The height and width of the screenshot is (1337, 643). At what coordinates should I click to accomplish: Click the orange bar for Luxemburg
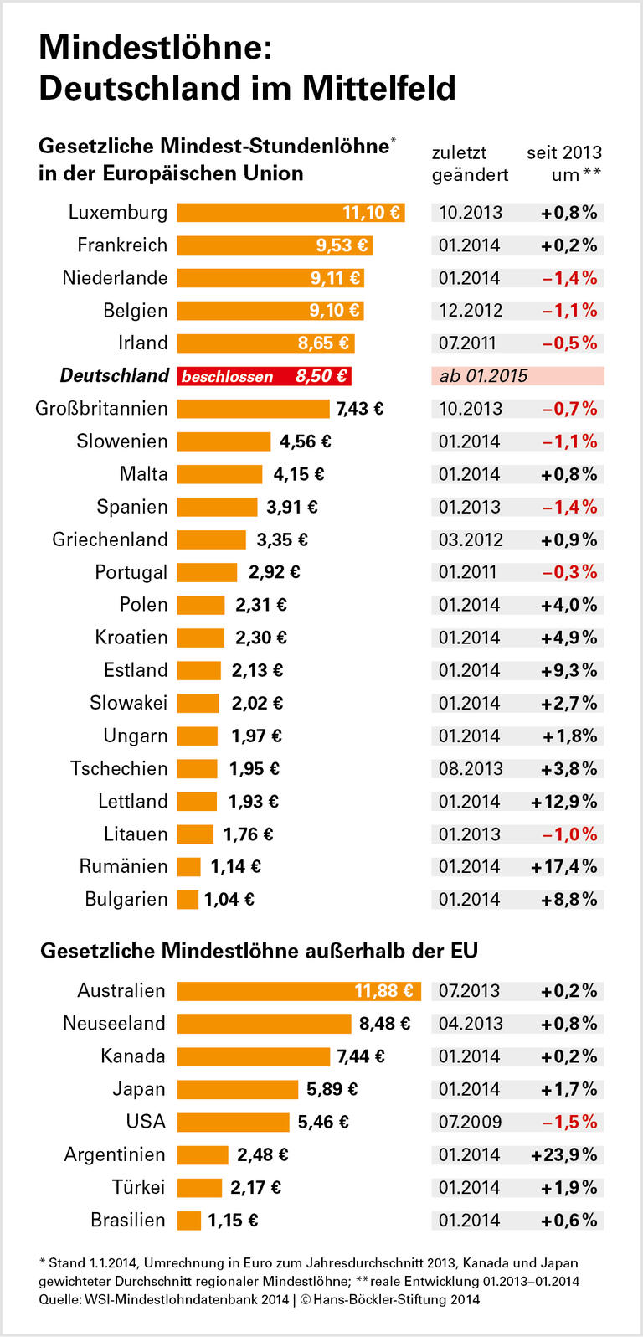point(291,213)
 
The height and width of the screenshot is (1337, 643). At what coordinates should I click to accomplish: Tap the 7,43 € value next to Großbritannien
point(359,409)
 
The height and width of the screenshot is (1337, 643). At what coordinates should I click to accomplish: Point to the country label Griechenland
point(110,539)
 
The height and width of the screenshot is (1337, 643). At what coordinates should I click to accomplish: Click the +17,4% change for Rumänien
point(564,867)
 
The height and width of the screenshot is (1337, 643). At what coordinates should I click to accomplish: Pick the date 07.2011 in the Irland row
point(467,343)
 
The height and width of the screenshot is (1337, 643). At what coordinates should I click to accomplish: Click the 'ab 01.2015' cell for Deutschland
point(484,376)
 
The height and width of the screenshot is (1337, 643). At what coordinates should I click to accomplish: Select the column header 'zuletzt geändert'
point(470,163)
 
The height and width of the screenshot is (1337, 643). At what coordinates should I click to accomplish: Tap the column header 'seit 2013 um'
point(564,163)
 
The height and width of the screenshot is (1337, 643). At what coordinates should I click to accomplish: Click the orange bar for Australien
point(299,991)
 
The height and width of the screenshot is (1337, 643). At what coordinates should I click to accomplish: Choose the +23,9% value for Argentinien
point(564,1154)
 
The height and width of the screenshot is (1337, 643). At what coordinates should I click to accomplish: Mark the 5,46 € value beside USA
point(323,1122)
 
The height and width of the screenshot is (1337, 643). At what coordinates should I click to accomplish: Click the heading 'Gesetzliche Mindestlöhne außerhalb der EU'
point(259,951)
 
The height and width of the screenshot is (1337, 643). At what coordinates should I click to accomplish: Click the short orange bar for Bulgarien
point(188,900)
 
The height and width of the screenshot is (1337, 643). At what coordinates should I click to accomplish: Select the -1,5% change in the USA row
point(569,1122)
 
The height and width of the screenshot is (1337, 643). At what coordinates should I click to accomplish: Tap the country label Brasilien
point(128,1221)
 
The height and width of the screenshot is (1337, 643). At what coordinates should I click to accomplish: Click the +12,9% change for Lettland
point(564,802)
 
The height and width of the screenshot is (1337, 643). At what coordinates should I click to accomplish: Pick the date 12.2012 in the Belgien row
point(471,311)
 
